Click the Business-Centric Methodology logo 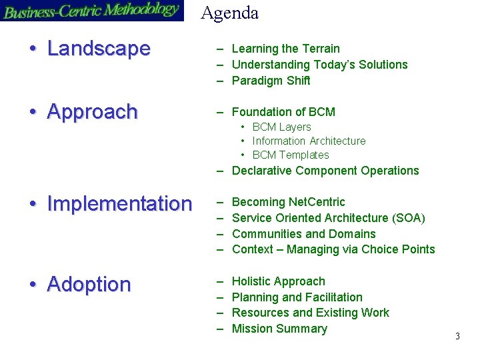[92, 11]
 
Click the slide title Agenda [230, 13]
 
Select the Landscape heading [99, 49]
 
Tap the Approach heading [92, 111]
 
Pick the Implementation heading [119, 203]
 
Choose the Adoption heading [89, 284]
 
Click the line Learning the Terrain [285, 49]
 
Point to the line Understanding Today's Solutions [319, 65]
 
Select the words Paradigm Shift [271, 81]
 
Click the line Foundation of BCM [283, 112]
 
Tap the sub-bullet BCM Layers [281, 127]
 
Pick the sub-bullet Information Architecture [309, 141]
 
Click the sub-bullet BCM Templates [291, 155]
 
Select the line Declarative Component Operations [325, 171]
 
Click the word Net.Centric [317, 202]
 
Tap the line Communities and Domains [303, 234]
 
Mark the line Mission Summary [279, 329]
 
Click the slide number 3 [457, 337]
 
